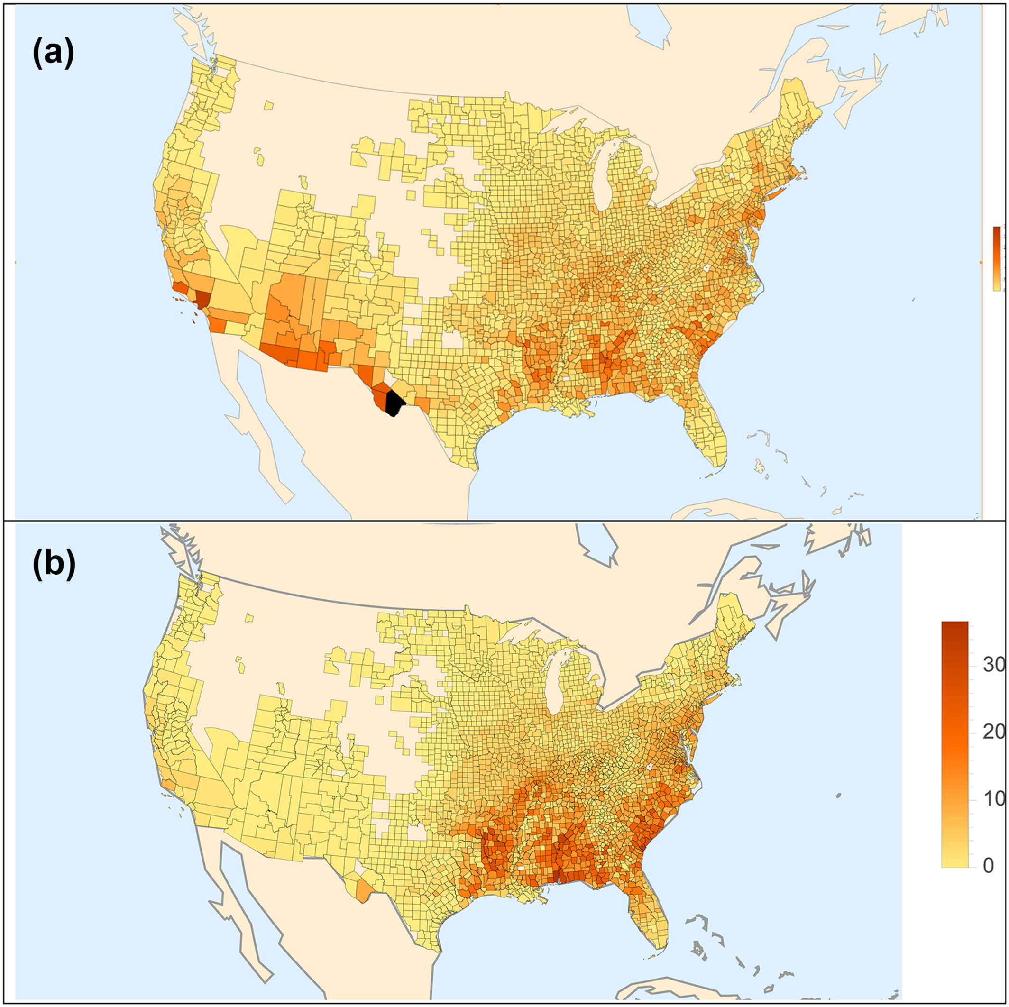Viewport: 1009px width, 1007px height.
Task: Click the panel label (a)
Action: click(x=53, y=55)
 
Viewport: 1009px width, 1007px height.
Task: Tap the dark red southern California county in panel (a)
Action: click(x=202, y=299)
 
